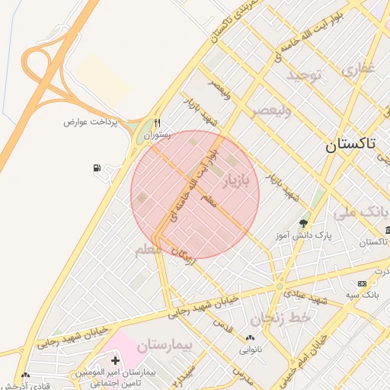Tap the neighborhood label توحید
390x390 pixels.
click(305, 75)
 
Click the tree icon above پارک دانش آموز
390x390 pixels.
click(303, 223)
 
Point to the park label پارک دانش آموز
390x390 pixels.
click(304, 237)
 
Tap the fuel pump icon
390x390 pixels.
click(97, 168)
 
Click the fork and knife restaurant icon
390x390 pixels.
click(157, 122)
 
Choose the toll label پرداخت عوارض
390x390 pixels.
click(92, 122)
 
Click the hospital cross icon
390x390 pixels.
click(115, 360)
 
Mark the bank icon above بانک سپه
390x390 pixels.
click(362, 283)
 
